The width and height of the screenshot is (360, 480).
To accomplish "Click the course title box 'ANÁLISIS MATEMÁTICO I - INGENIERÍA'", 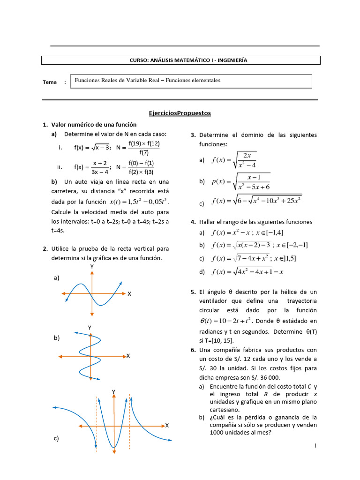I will point(181,60).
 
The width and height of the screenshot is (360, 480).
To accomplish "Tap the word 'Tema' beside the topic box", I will point(50,82).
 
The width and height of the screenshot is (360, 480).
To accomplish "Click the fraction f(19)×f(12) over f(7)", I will point(143,148).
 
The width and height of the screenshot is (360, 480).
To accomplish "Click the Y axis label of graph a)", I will point(92,266).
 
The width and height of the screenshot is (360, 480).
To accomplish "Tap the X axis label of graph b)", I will point(127,356).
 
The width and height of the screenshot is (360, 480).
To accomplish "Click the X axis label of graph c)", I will point(166,425).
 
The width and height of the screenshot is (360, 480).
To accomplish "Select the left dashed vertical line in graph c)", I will point(97,422).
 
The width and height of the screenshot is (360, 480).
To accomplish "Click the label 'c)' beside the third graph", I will point(56,438).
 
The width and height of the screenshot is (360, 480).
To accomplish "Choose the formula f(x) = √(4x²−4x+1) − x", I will point(248,272).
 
